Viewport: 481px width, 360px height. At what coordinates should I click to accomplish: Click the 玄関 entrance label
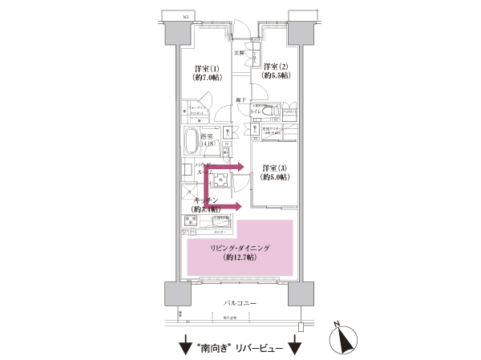[239, 52]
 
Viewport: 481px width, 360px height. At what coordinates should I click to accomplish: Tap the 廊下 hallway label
[240, 99]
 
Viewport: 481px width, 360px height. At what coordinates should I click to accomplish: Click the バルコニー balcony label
[240, 305]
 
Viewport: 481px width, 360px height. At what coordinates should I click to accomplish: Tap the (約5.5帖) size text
[275, 75]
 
